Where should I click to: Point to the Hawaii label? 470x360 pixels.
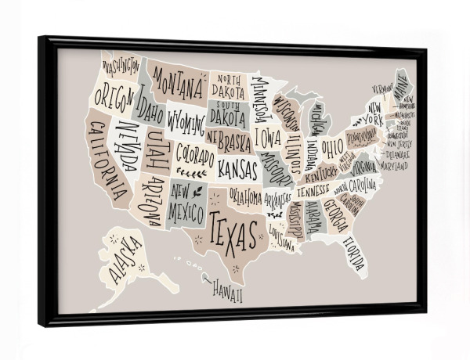226,294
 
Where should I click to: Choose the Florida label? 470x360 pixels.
352,252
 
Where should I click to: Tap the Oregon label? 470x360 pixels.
114,98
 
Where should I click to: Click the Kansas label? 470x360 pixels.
237,168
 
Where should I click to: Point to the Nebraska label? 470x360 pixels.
230,142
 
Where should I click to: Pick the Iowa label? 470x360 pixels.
269,139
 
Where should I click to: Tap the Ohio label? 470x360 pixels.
332,147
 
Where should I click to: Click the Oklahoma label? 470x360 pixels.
245,195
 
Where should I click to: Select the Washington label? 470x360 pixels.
120,67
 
